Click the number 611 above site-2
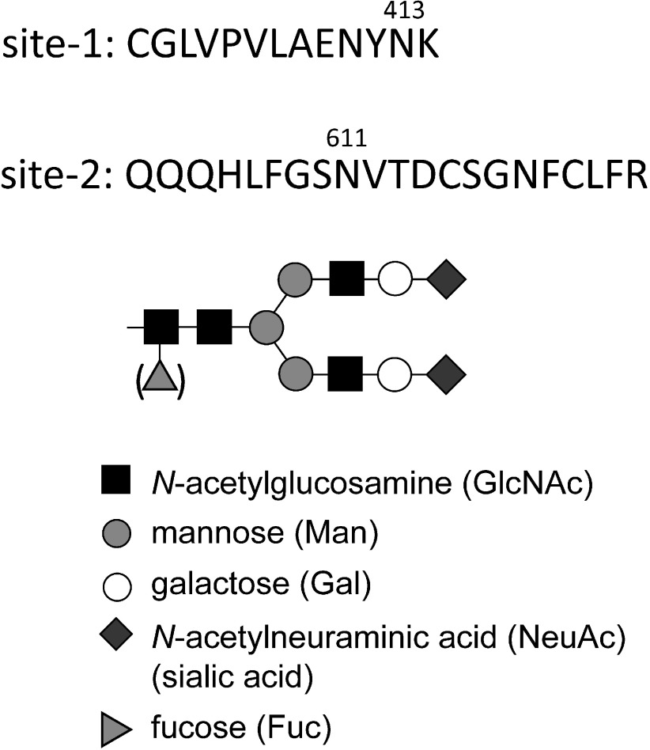click(346, 139)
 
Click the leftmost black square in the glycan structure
click(161, 325)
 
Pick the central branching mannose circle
click(265, 325)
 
